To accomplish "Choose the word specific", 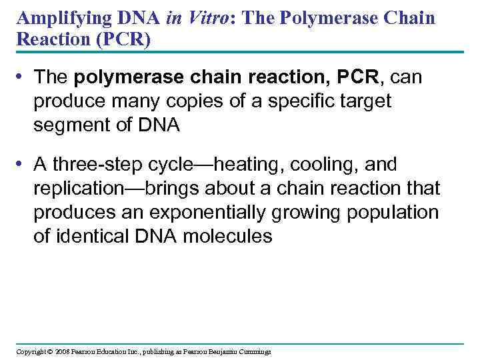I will point(287,101).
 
